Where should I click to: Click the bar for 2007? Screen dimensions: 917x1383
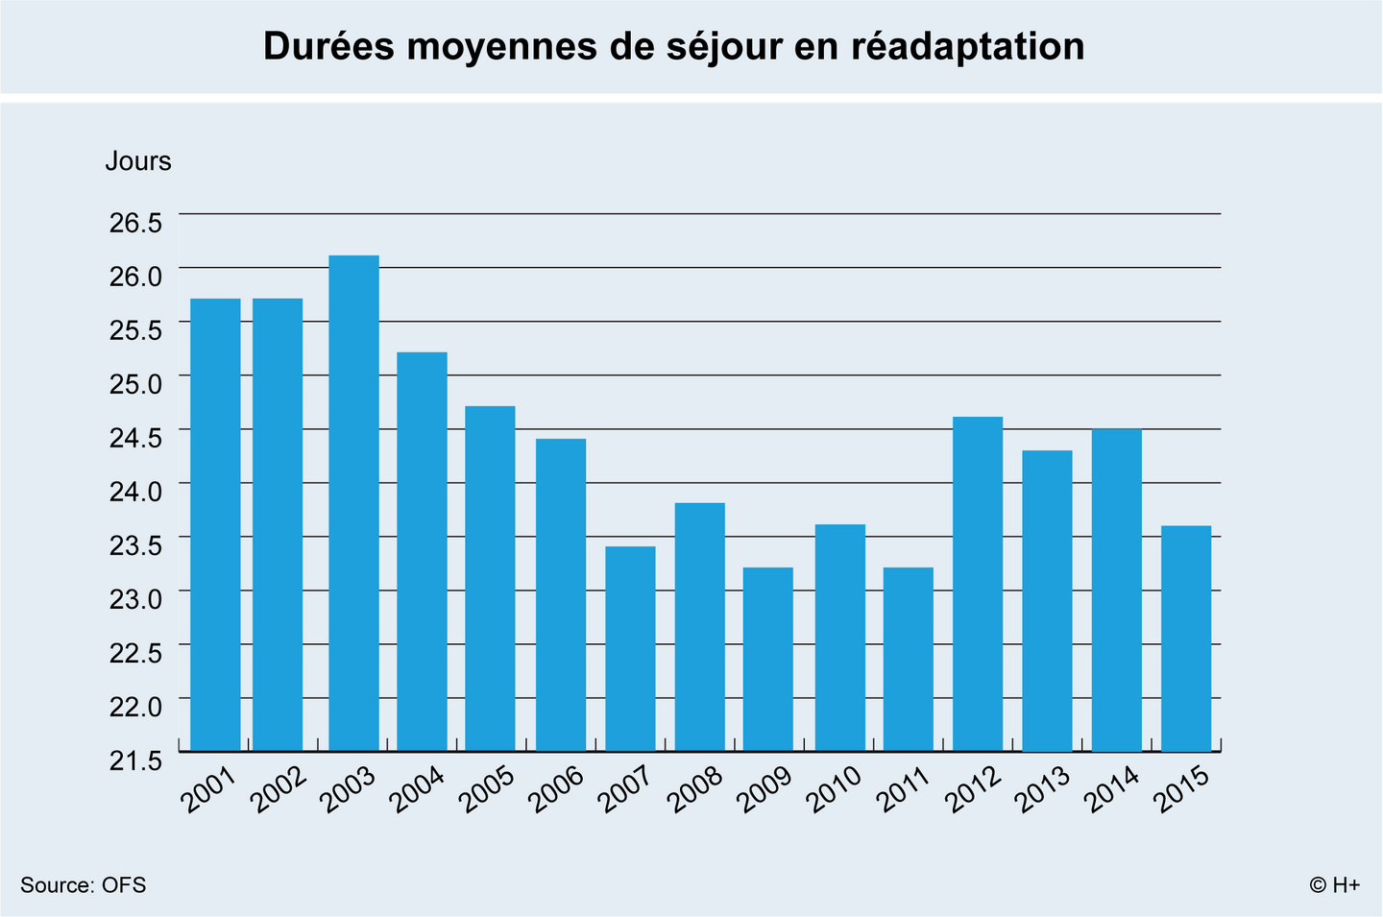(x=630, y=648)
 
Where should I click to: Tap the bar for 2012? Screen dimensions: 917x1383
(x=978, y=583)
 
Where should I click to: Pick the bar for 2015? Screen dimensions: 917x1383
(x=1186, y=638)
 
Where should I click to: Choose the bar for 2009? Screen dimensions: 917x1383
(x=768, y=659)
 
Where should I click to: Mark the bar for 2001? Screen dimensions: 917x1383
(x=215, y=524)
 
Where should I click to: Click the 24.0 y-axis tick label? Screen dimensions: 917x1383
(x=135, y=491)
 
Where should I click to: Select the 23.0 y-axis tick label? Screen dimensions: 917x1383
(x=135, y=599)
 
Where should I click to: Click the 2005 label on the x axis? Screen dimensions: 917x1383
(x=488, y=789)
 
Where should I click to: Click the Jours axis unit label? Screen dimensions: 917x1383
(x=138, y=161)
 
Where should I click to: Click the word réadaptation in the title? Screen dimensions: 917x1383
(x=968, y=46)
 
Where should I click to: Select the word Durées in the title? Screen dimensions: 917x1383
(x=328, y=46)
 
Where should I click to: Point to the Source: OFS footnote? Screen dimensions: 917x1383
(x=84, y=885)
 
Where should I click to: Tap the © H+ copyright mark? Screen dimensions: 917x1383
(x=1334, y=885)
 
